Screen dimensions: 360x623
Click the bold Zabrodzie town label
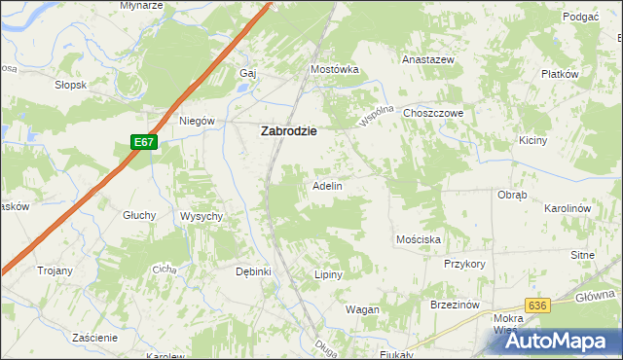(x=287, y=132)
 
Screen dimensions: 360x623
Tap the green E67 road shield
(x=144, y=142)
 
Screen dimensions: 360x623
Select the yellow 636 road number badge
(x=536, y=306)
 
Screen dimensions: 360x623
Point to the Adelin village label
(x=326, y=185)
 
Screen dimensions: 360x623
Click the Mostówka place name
(x=335, y=70)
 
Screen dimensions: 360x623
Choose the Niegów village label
(x=196, y=122)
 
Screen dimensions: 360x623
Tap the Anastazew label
(x=429, y=59)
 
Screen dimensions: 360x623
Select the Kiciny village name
(x=560, y=140)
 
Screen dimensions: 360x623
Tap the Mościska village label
(x=420, y=238)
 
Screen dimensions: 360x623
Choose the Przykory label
(x=464, y=264)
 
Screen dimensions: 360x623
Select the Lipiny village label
(x=329, y=274)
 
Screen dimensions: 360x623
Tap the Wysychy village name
(x=202, y=216)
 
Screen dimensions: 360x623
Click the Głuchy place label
(x=139, y=215)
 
